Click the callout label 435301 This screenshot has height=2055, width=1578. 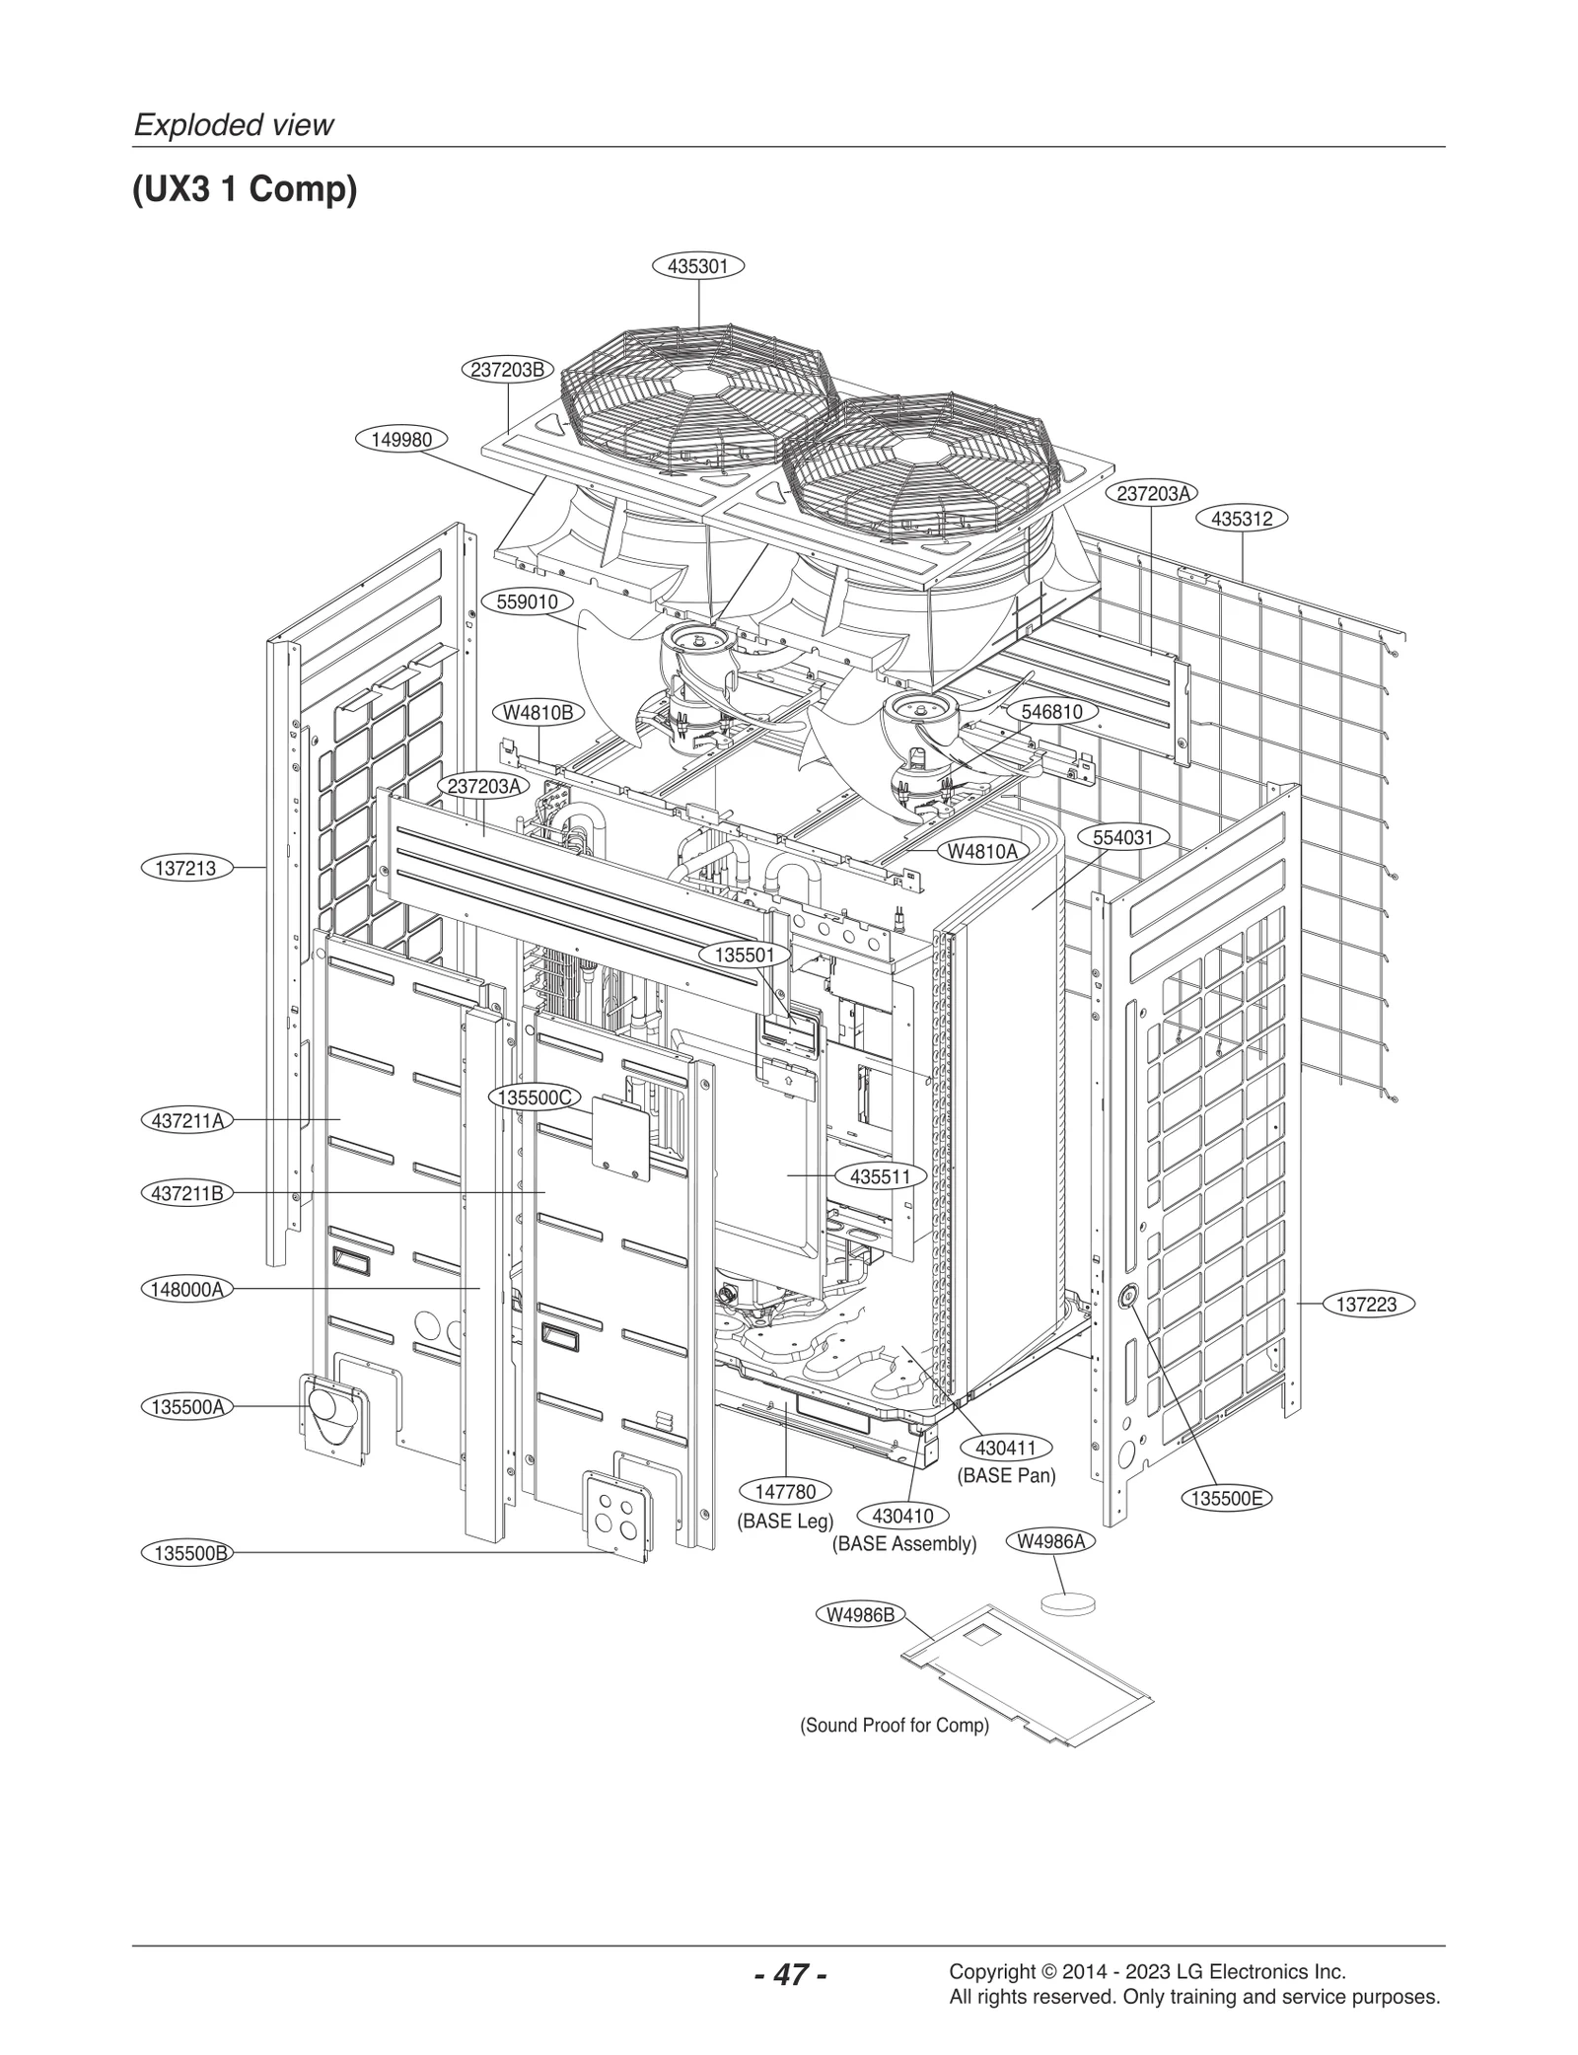coord(697,266)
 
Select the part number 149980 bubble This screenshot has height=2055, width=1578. coord(401,440)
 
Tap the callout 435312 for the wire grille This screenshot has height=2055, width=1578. coord(1242,519)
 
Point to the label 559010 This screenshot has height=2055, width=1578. coord(527,602)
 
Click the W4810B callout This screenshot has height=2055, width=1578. coord(538,712)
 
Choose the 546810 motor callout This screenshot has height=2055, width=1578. coord(1051,712)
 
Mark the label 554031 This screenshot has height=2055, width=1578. coord(1122,837)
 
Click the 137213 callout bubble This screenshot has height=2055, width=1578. coord(185,868)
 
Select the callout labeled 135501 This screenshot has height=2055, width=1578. coord(745,955)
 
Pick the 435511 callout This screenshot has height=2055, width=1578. coord(880,1176)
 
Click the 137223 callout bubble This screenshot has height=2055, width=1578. coord(1366,1304)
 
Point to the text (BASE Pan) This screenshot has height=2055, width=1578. coord(1006,1476)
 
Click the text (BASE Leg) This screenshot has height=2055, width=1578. coord(785,1521)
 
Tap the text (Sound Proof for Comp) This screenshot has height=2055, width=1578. coord(894,1726)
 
